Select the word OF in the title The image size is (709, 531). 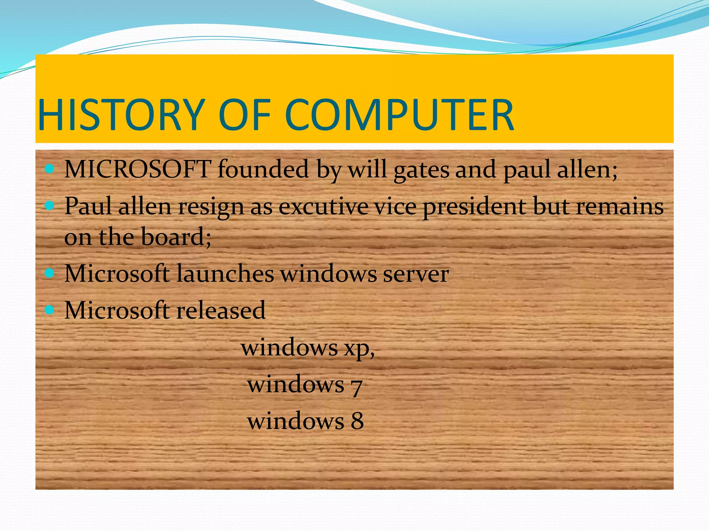click(x=244, y=115)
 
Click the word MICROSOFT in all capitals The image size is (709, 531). click(x=138, y=169)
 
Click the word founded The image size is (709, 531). click(x=263, y=169)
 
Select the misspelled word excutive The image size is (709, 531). click(x=323, y=206)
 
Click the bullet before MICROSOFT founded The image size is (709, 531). click(x=50, y=169)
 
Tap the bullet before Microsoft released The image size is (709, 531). click(x=50, y=310)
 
